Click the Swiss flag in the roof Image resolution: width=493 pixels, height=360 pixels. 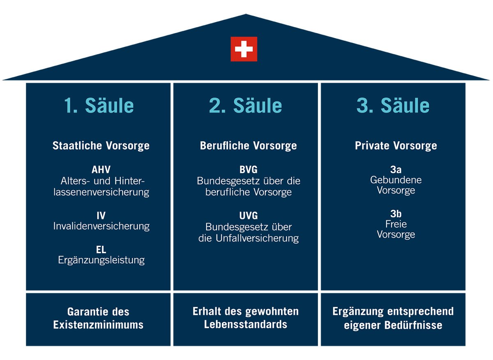pyautogui.click(x=244, y=49)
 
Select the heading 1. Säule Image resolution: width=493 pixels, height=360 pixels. pyautogui.click(x=99, y=106)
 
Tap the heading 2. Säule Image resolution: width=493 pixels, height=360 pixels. pyautogui.click(x=246, y=106)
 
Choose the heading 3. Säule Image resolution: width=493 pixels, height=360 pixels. pyautogui.click(x=393, y=106)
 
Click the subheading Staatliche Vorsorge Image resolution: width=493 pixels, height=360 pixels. pyautogui.click(x=101, y=145)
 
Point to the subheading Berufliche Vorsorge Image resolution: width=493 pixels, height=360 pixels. pyautogui.click(x=248, y=145)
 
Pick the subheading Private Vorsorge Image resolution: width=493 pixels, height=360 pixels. pyautogui.click(x=396, y=145)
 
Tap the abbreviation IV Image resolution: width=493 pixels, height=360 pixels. pyautogui.click(x=101, y=215)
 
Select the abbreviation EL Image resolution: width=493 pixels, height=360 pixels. pyautogui.click(x=101, y=249)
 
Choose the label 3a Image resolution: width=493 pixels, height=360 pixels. pyautogui.click(x=396, y=169)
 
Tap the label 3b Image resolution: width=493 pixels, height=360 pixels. pyautogui.click(x=396, y=214)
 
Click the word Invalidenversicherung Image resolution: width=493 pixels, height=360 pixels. pyautogui.click(x=101, y=226)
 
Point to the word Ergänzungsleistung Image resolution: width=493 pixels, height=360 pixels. pyautogui.click(x=101, y=260)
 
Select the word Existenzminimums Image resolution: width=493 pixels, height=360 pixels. pyautogui.click(x=98, y=325)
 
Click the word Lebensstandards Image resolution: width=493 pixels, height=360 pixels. pyautogui.click(x=245, y=324)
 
